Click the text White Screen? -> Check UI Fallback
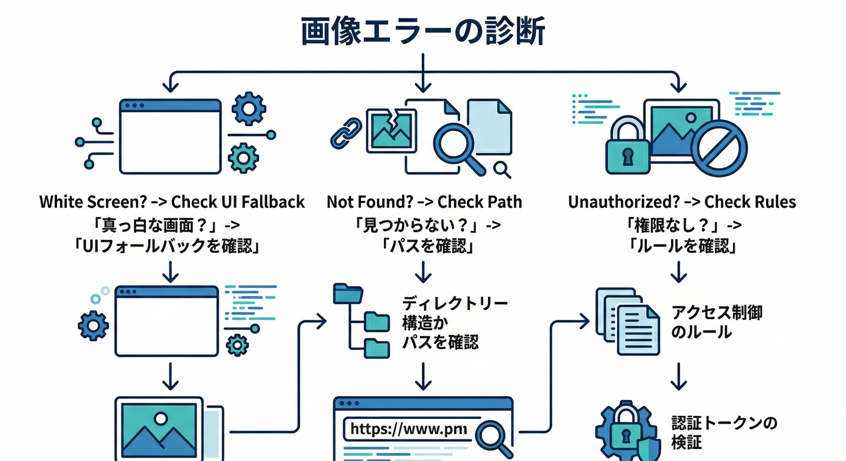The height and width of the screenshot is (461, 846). [172, 202]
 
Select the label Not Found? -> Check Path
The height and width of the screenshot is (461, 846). [424, 202]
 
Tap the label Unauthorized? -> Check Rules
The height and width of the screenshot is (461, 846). [682, 202]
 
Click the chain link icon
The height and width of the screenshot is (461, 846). [346, 134]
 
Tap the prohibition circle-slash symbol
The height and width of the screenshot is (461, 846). [719, 148]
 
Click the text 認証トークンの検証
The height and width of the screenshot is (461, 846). [724, 433]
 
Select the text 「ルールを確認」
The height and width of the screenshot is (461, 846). [682, 246]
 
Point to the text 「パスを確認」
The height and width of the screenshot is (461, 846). [424, 246]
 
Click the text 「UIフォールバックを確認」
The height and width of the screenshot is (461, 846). [172, 246]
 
